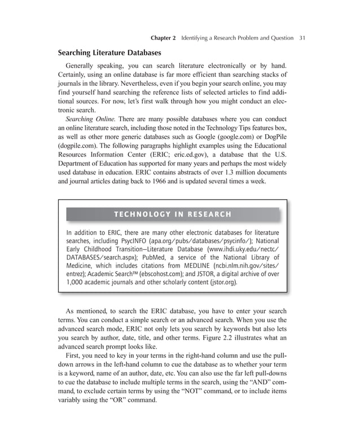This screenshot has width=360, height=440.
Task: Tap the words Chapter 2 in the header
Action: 163,38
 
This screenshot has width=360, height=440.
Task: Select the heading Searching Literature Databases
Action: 110,53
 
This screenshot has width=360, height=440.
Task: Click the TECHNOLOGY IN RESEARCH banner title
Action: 173,214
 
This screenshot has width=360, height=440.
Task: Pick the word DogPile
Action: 274,136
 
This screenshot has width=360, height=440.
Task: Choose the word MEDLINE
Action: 183,266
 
